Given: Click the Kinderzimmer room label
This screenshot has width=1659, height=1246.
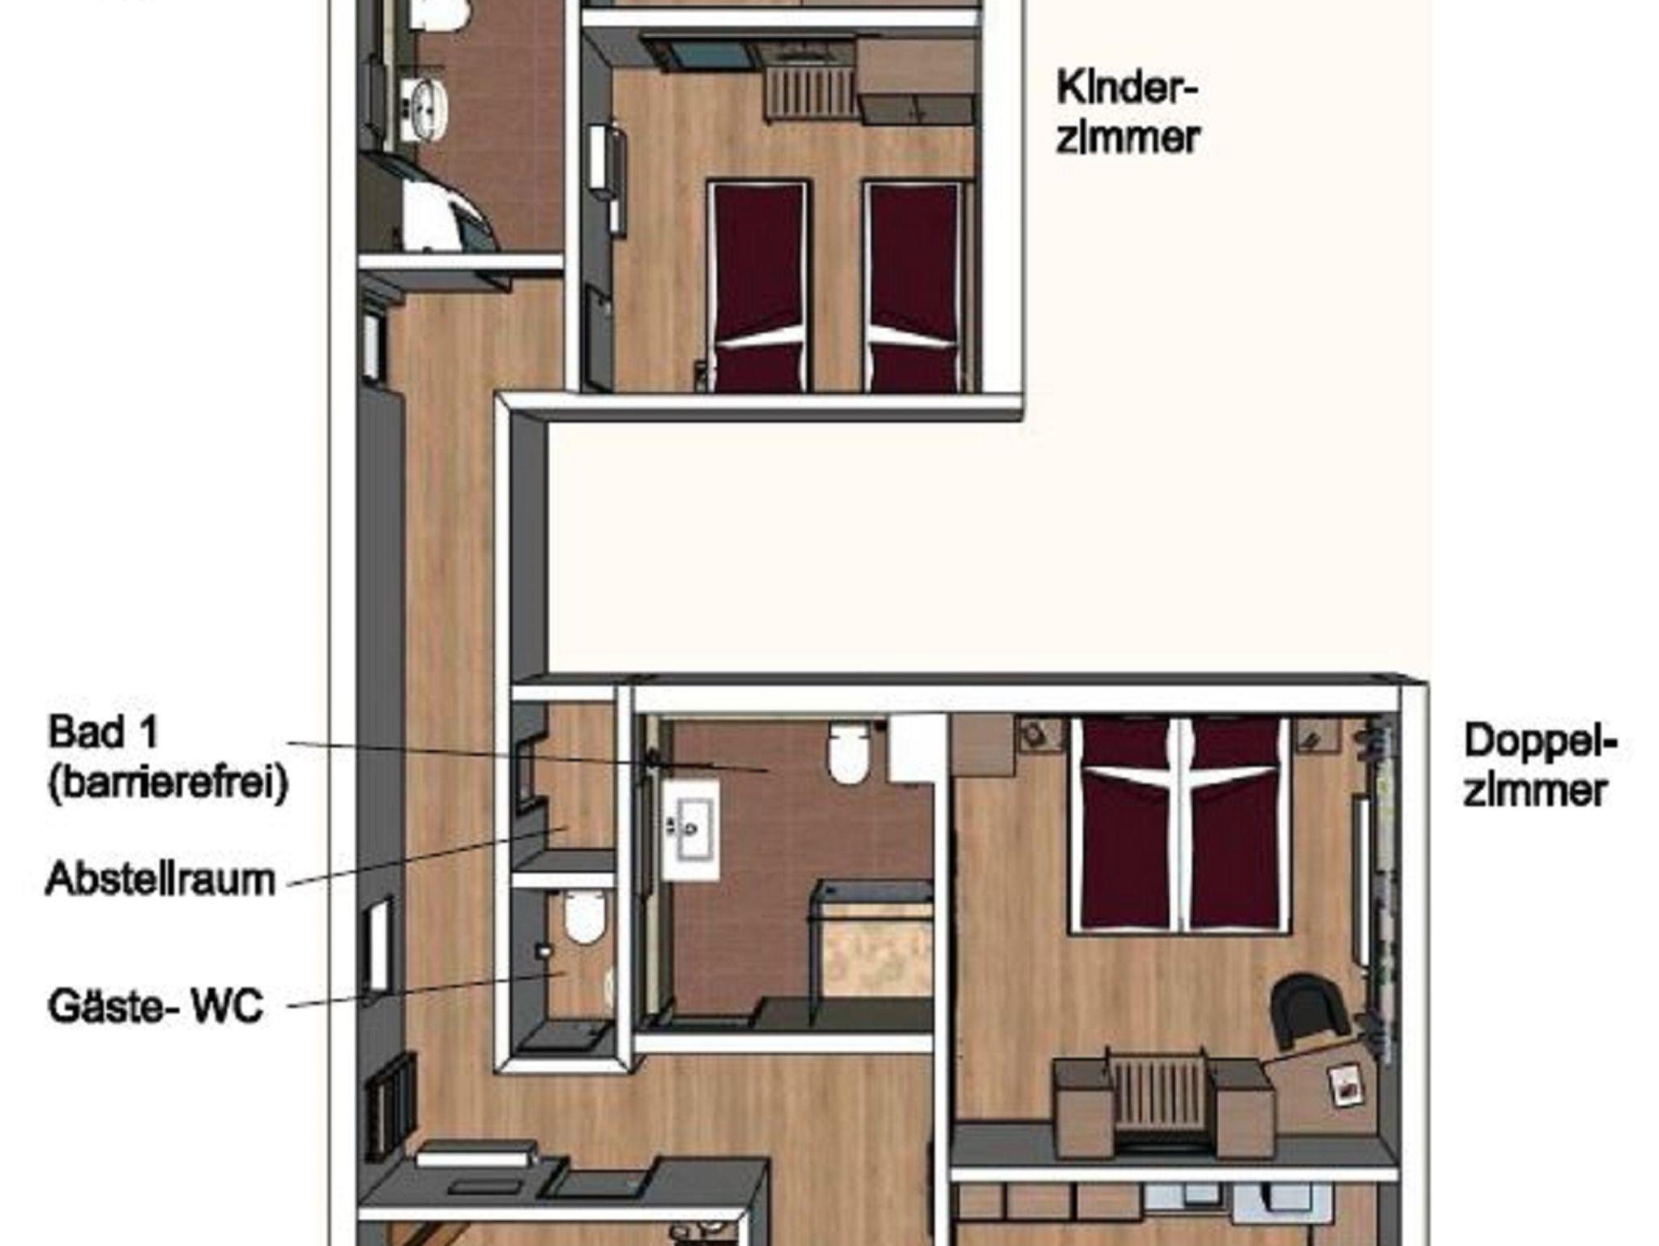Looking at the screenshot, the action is [1127, 113].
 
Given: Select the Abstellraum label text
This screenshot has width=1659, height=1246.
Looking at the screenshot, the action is [160, 879].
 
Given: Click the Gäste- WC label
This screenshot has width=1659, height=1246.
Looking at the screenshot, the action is [156, 1007].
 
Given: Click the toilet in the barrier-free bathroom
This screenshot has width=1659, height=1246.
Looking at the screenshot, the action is [847, 753].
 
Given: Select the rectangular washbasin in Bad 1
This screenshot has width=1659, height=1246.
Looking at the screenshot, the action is [691, 828].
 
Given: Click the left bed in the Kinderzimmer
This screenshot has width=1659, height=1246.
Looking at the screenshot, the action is [758, 286].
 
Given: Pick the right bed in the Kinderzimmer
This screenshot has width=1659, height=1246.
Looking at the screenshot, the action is [914, 286].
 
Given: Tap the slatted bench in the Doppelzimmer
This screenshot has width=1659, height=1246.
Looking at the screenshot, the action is [1161, 1099].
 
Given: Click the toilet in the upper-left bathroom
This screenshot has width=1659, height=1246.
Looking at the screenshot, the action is [437, 15].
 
